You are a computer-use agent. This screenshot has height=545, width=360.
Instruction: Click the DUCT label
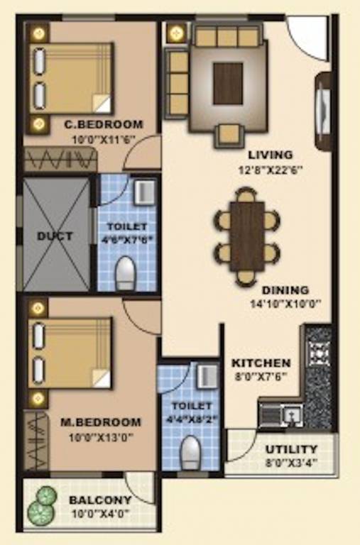coord(54,236)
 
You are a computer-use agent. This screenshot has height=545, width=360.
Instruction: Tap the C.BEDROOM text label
coord(103,124)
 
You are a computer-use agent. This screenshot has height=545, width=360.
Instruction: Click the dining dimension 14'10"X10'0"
coord(285,302)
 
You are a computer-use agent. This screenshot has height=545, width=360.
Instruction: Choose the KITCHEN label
coord(261,363)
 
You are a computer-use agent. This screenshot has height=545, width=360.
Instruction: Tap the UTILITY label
coord(291,449)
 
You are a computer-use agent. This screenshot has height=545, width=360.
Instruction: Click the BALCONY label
coord(100,500)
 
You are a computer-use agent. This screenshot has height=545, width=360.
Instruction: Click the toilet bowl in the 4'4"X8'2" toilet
coord(190,451)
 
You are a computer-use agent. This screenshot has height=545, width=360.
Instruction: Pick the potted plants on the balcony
coord(42,504)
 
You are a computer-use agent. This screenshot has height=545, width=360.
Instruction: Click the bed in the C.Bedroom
coord(71,77)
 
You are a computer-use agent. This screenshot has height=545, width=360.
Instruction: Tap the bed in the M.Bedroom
coord(71,352)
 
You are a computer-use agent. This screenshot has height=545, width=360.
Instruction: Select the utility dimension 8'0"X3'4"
coord(291,462)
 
